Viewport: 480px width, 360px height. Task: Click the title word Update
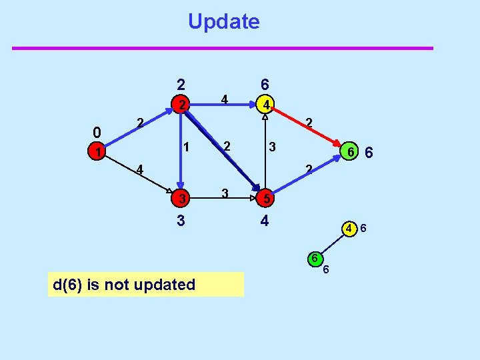[x=223, y=21]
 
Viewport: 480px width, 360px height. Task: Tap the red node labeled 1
[x=98, y=153]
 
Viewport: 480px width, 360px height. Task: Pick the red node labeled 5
[x=265, y=198]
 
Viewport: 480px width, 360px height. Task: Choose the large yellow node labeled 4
[x=265, y=105]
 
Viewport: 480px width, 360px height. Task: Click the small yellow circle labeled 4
[x=349, y=228]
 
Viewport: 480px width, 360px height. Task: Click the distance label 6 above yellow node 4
[x=265, y=85]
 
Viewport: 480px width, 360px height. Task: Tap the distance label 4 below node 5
[x=265, y=220]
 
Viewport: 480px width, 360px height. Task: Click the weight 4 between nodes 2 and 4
[x=225, y=100]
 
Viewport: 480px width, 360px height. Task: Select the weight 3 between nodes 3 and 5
[x=225, y=193]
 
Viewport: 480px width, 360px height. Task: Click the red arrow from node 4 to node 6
[x=307, y=127]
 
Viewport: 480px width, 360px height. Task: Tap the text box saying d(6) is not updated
[x=146, y=285]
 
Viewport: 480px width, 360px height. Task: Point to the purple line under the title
[x=223, y=48]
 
